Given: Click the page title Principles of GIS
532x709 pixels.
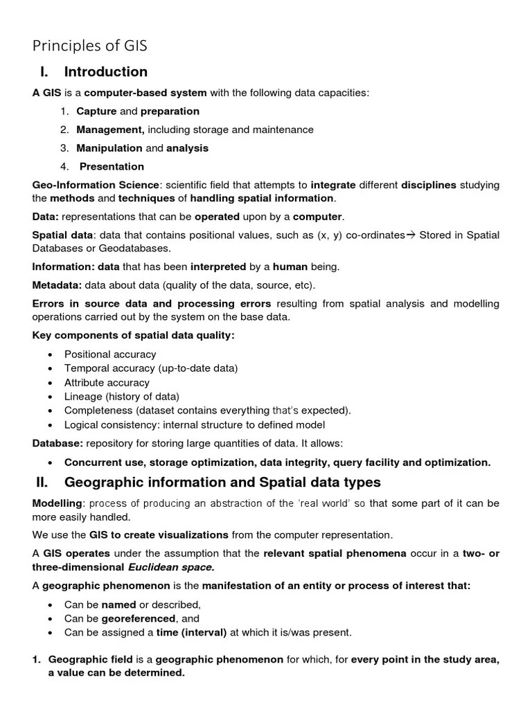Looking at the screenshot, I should point(90,46).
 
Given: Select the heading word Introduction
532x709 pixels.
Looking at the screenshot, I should point(105,72).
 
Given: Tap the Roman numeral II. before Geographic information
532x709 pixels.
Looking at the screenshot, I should point(44,482).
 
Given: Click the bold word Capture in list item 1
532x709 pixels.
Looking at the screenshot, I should point(96,111).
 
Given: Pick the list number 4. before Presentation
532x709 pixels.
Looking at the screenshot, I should point(64,167).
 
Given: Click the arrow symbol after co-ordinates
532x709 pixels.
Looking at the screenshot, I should point(411,235).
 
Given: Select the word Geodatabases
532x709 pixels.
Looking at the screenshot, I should point(136,249).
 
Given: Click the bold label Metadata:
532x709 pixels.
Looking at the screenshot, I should point(57,285).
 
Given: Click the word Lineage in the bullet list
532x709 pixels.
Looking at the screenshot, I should point(83,397).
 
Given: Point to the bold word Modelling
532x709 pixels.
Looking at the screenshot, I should point(57,503).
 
